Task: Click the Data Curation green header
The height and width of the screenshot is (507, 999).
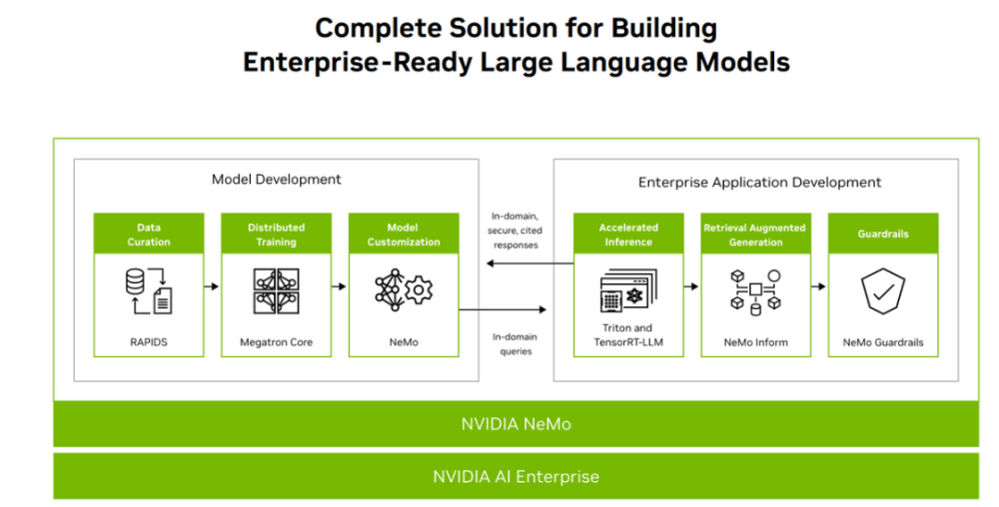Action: click(x=149, y=235)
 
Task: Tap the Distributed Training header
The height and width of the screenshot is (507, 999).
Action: click(x=276, y=235)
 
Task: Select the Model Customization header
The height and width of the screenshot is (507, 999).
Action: click(x=404, y=235)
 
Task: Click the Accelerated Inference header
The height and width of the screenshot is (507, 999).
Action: click(x=628, y=235)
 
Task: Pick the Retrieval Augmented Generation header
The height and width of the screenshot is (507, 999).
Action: click(x=756, y=235)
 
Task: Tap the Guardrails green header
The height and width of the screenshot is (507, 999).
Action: click(x=883, y=235)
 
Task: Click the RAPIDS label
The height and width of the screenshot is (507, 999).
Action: click(x=149, y=342)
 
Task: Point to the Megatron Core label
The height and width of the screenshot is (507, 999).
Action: click(x=276, y=342)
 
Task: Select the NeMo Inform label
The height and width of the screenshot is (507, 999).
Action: click(x=756, y=342)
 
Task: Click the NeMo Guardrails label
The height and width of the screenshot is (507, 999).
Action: click(x=883, y=342)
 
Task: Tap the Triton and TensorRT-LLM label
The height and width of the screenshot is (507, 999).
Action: click(x=628, y=335)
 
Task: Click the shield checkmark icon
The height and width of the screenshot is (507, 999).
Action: click(x=883, y=291)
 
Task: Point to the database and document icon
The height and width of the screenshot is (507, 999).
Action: click(x=149, y=288)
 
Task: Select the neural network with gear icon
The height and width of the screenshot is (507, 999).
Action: click(x=404, y=289)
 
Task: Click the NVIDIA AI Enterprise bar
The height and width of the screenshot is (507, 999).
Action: click(x=515, y=476)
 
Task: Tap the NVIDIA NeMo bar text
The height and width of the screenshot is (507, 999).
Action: click(x=515, y=423)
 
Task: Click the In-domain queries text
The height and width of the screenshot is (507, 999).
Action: click(x=516, y=344)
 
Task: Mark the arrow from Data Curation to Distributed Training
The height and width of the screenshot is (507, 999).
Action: click(x=210, y=286)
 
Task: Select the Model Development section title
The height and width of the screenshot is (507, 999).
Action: click(x=276, y=180)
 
